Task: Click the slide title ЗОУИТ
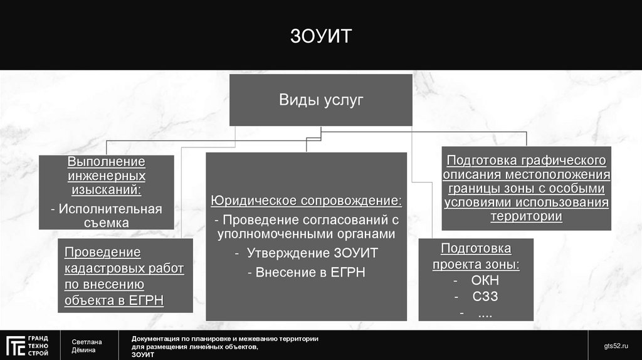pyautogui.click(x=320, y=35)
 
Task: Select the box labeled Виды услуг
pyautogui.click(x=320, y=100)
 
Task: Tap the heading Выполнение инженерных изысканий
pyautogui.click(x=106, y=176)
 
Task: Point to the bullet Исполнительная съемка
pyautogui.click(x=106, y=215)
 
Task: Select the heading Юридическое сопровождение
pyautogui.click(x=307, y=201)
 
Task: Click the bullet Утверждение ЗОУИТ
pyautogui.click(x=307, y=253)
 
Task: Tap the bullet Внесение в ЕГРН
pyautogui.click(x=307, y=272)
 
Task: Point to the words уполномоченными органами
pyautogui.click(x=307, y=235)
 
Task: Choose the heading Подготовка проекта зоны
pyautogui.click(x=476, y=256)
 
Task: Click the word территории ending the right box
pyautogui.click(x=526, y=216)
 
